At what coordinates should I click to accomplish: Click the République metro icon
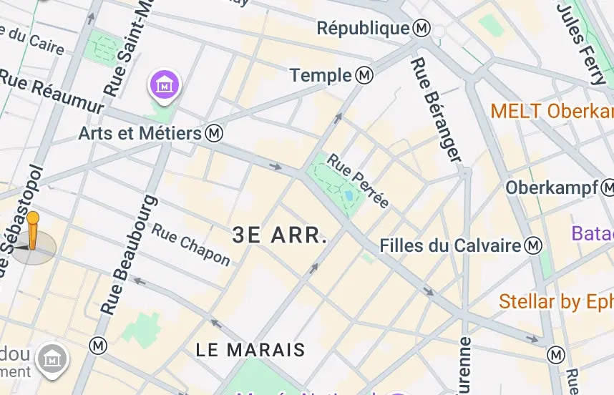point(421,29)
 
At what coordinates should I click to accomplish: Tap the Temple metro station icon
point(365,75)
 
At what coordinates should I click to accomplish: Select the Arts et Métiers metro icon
point(213,133)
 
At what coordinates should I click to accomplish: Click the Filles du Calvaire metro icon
point(533,245)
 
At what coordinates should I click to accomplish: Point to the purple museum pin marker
point(165,85)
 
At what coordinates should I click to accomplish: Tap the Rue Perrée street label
point(358,180)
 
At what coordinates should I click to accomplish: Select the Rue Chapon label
point(191,245)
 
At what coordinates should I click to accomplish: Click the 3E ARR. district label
point(280,235)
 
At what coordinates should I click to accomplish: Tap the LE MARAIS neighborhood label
point(250,350)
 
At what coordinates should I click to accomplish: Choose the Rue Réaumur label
point(52,90)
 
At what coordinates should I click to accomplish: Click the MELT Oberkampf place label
point(552,111)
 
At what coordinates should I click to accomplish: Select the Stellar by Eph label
point(556,301)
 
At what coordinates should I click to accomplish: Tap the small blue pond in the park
point(348,195)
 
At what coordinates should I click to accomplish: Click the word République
point(362,29)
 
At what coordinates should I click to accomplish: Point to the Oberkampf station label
point(552,187)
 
